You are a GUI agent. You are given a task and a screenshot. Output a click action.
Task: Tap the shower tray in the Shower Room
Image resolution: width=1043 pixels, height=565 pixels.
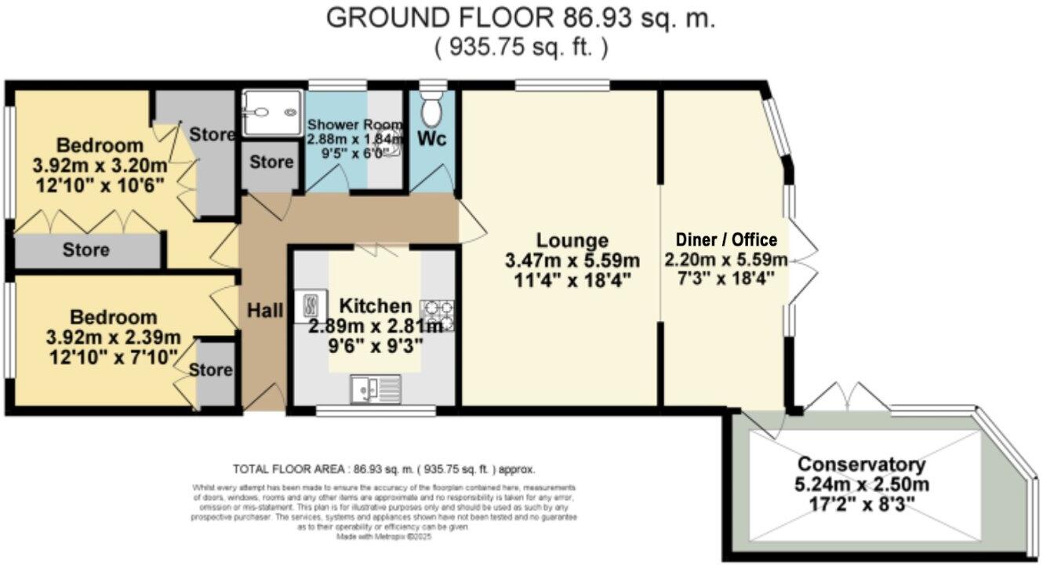[271, 113]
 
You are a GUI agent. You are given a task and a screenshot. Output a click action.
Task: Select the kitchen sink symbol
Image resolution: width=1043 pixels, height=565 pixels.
[376, 387]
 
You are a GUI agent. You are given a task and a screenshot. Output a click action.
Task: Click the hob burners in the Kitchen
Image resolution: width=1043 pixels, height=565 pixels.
[438, 315]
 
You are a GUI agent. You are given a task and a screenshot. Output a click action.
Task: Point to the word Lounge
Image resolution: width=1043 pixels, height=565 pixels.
[572, 240]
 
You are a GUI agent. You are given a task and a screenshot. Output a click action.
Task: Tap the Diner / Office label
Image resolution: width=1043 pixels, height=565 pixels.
[725, 240]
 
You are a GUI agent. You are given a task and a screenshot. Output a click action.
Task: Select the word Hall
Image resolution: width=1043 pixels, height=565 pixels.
[265, 311]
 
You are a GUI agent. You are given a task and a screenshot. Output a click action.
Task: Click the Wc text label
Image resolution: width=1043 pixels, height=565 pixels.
[431, 139]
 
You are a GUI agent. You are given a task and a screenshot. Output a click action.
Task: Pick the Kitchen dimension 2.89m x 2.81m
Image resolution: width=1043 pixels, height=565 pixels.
[376, 326]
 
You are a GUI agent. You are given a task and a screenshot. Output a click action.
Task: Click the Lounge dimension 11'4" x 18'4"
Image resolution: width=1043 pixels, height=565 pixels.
[572, 278]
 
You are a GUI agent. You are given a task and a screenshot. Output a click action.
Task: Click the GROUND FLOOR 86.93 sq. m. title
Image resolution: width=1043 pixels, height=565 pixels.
[521, 18]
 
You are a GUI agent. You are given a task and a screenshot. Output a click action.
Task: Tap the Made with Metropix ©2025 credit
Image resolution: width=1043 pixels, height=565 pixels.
[384, 537]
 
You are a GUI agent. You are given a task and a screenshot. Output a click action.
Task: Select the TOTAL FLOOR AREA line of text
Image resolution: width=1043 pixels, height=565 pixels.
[384, 469]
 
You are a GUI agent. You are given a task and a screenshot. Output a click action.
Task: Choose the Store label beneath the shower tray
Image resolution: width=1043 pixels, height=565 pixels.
[271, 163]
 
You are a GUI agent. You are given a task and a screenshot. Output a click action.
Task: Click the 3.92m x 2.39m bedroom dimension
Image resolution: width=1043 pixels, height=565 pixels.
[114, 338]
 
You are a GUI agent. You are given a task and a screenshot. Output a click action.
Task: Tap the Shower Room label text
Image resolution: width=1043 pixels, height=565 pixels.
[354, 125]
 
